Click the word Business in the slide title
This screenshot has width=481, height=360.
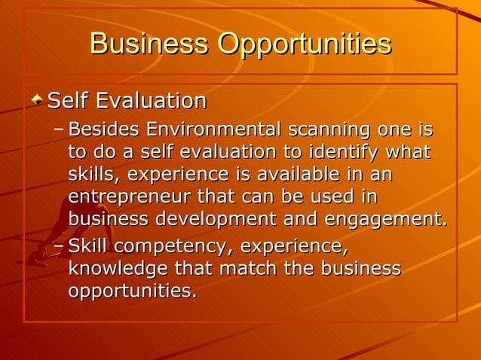149,44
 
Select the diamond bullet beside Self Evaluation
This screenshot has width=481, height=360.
37,99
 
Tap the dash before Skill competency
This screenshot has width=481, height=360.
60,246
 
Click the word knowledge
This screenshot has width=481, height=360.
118,269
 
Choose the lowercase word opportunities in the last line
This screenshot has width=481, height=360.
133,291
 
